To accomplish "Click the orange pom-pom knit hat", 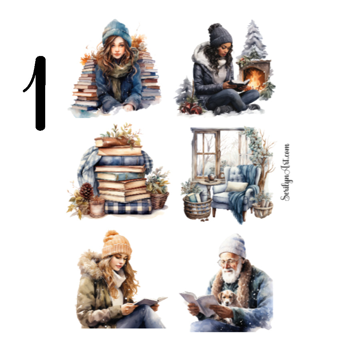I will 116,245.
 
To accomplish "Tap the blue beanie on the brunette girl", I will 116,32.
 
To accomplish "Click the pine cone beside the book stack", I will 86,191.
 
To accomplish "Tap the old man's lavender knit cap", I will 232,246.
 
